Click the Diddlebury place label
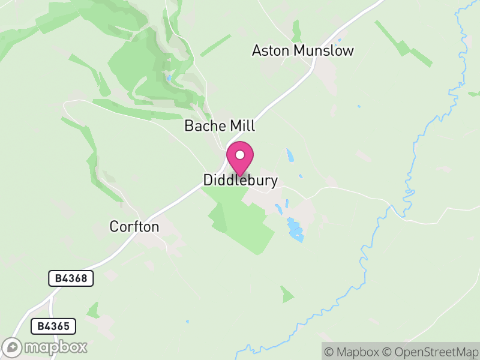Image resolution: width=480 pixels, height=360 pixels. pos(240,181)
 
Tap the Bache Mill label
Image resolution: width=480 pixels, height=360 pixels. pos(220,126)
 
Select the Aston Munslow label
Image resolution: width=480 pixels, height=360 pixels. pos(302,50)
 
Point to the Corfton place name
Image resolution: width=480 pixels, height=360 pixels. pos(134,227)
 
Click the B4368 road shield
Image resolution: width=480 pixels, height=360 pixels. pos(71,278)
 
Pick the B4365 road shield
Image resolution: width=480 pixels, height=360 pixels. pos(53,326)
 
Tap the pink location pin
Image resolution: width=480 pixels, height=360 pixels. pos(240,158)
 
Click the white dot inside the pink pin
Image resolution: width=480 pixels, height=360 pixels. pos(240,155)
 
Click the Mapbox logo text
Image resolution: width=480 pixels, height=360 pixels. pos(55,347)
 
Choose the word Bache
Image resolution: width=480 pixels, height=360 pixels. pos(205,126)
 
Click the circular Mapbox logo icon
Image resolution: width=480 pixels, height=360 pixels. pos(13,347)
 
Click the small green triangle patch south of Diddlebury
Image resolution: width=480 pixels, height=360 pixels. pos(287,294)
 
